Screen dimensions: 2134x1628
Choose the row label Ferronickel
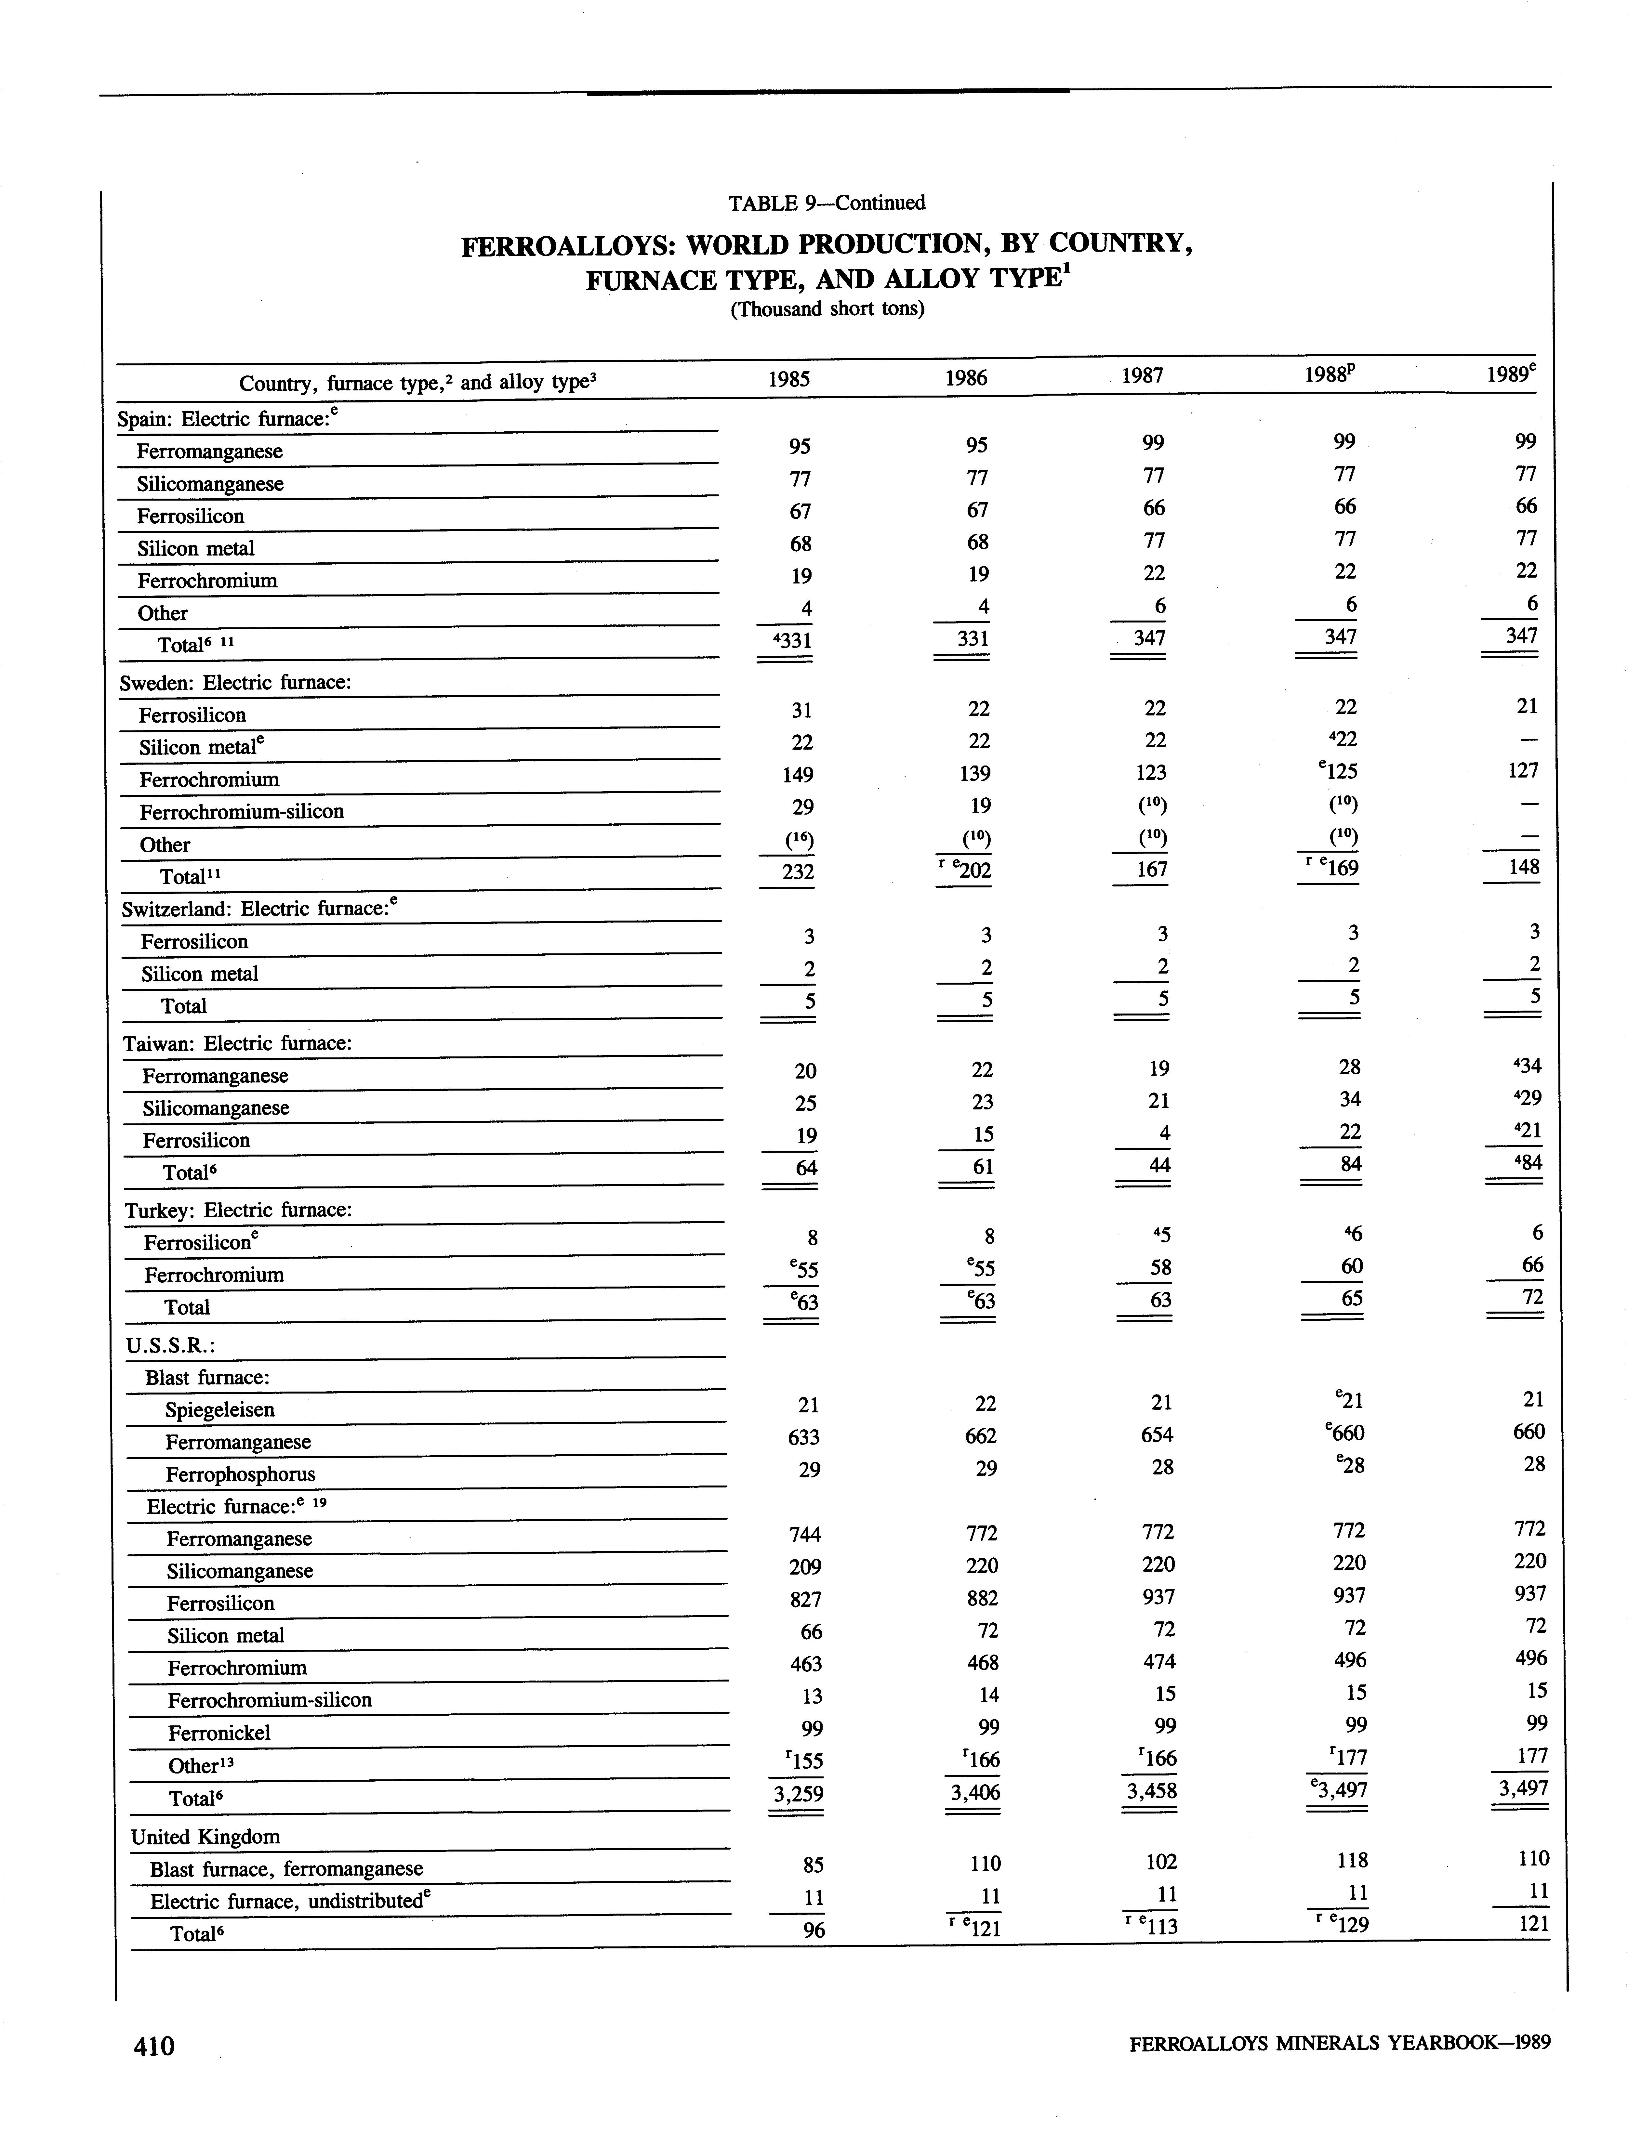[x=219, y=1733]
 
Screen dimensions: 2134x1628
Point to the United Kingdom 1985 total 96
[x=813, y=1931]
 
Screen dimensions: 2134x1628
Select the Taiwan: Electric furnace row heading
[x=237, y=1043]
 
